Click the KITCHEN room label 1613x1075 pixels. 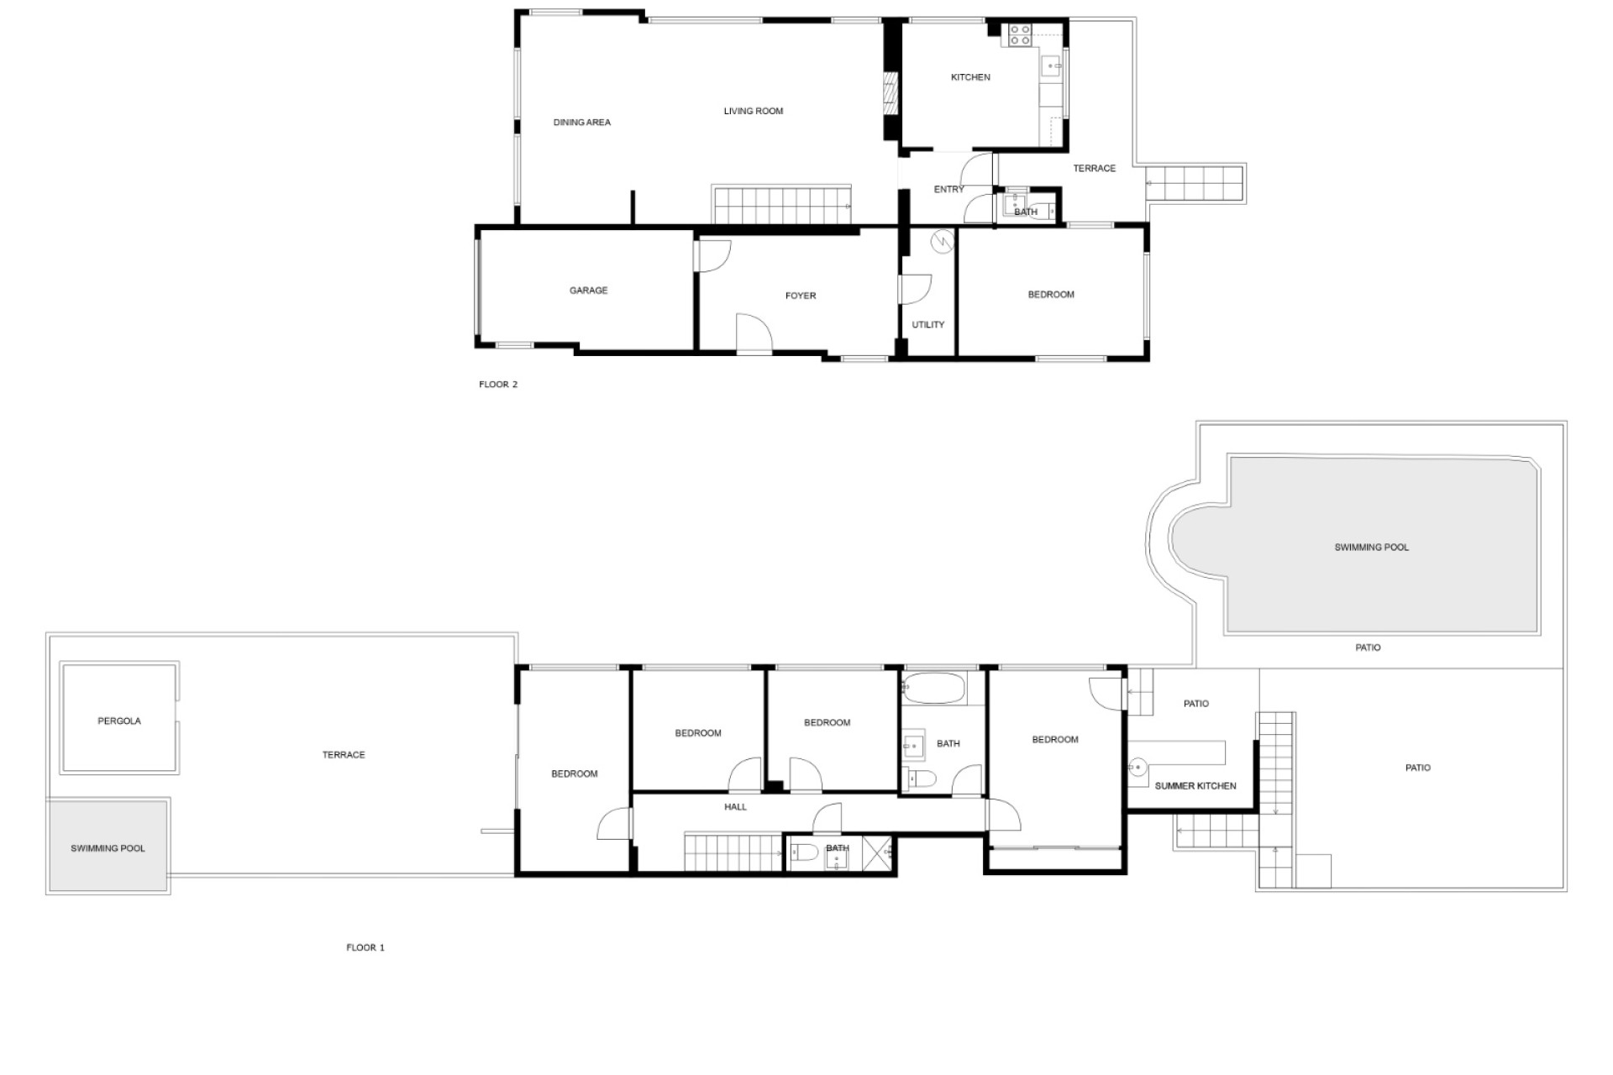[970, 77]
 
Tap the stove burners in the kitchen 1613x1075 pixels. [1020, 34]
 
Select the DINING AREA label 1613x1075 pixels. [582, 123]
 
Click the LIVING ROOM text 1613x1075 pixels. [754, 111]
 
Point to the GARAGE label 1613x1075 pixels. [588, 291]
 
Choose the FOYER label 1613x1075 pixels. [801, 296]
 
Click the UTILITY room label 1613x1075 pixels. [928, 325]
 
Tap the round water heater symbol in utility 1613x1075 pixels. [943, 242]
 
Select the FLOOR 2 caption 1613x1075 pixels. [498, 385]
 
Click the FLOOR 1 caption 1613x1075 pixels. [365, 947]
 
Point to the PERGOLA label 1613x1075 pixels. [119, 721]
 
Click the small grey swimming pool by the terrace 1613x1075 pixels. [108, 846]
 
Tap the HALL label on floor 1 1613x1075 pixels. [735, 807]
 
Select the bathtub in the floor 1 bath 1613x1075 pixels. [933, 688]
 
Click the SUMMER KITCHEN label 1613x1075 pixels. [1195, 786]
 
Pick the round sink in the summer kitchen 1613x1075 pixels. [1138, 768]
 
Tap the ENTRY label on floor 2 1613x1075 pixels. [949, 190]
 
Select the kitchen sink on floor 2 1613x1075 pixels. [1051, 66]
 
